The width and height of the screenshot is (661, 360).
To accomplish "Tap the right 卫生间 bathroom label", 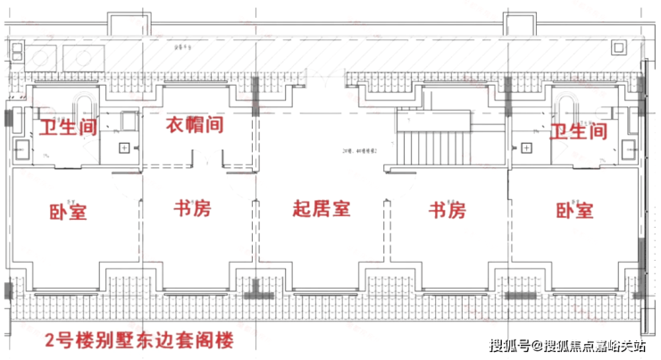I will tap(578, 131).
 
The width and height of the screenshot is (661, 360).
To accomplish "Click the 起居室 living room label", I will tap(322, 210).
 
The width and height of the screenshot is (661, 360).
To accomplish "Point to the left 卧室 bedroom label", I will tap(68, 212).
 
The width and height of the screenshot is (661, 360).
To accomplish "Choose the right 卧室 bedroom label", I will tap(574, 212).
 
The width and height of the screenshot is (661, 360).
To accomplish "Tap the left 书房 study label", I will tap(194, 210).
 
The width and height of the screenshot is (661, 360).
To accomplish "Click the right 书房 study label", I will tap(448, 211).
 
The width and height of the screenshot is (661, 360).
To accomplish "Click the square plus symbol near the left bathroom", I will tap(124, 146).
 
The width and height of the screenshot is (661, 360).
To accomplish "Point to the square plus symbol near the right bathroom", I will tap(527, 146).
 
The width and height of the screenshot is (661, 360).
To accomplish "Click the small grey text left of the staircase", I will tap(358, 152).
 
